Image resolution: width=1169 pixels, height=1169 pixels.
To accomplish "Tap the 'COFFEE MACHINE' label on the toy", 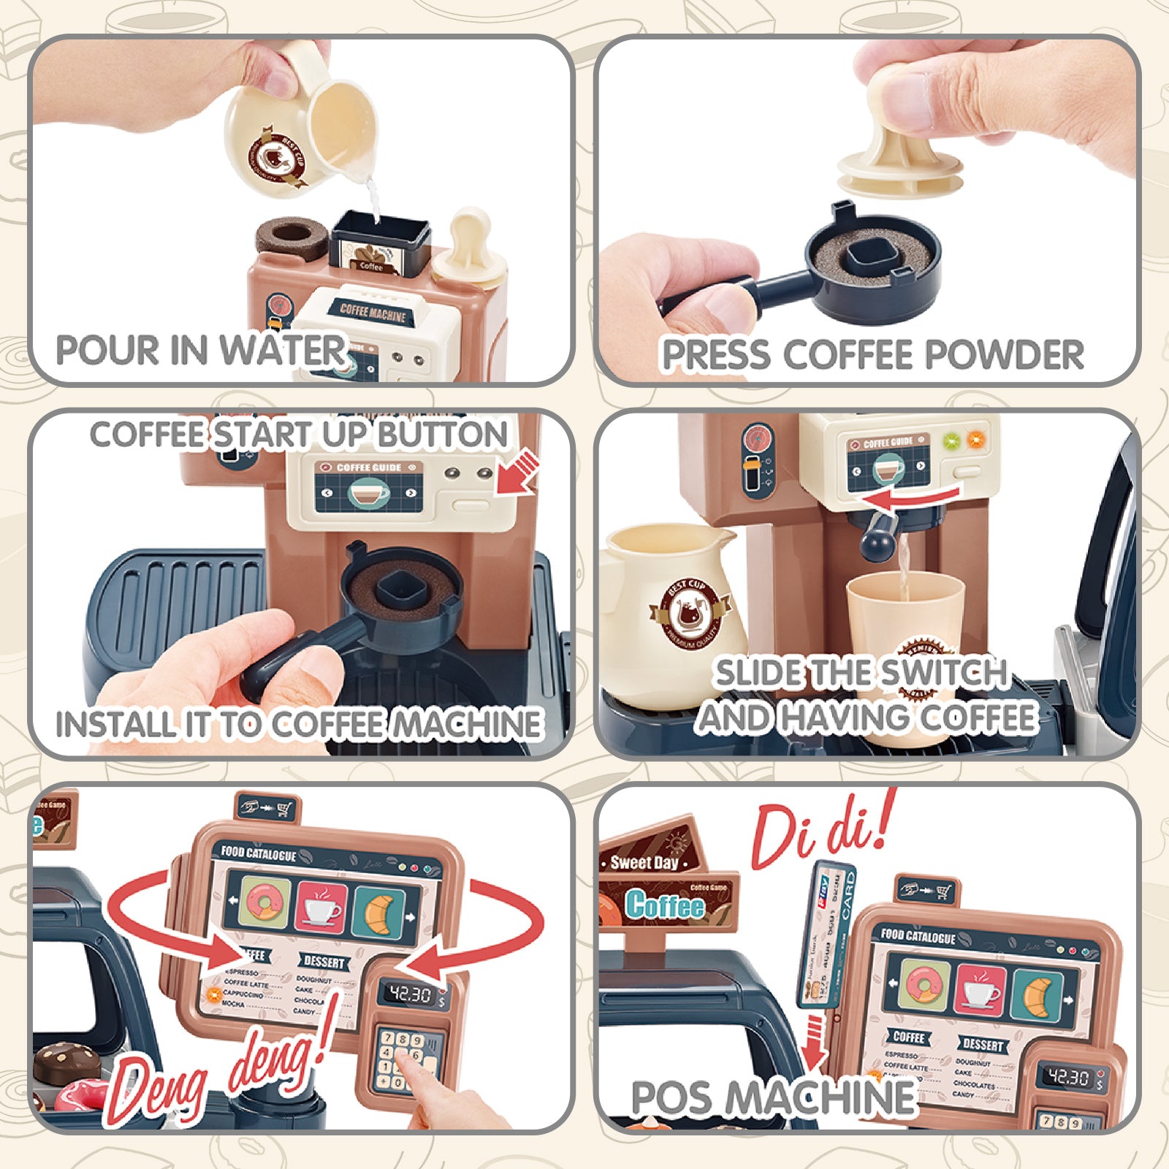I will (x=373, y=312).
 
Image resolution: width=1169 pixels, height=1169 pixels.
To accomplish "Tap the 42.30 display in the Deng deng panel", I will (x=410, y=994).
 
